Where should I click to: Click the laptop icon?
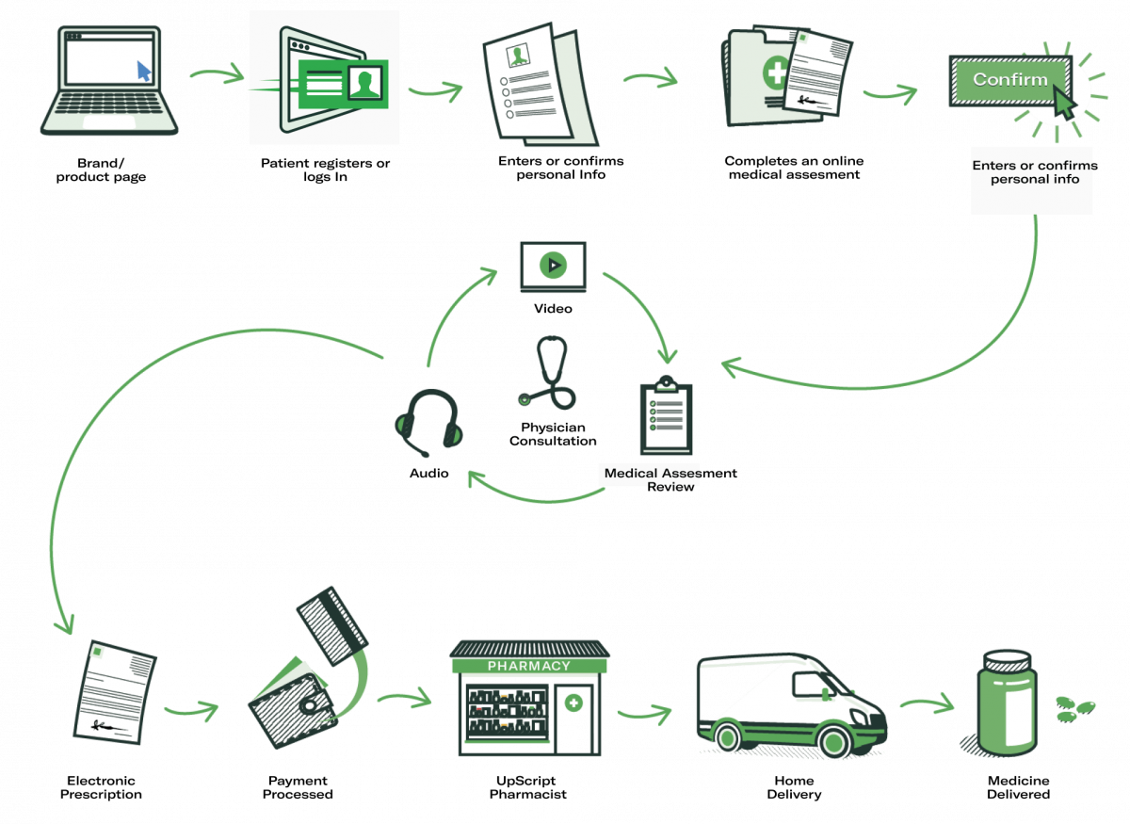(x=109, y=82)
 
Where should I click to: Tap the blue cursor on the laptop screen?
(x=144, y=72)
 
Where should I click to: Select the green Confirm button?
(x=1010, y=80)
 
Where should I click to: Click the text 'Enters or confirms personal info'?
(x=1033, y=172)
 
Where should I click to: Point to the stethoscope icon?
(x=551, y=373)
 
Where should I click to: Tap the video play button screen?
(x=554, y=266)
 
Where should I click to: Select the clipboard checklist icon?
(x=666, y=417)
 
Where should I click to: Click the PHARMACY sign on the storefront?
(x=528, y=666)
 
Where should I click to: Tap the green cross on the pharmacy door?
(x=573, y=703)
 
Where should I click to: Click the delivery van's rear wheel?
(x=729, y=735)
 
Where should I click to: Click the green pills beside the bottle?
(x=1075, y=709)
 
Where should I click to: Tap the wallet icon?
(x=290, y=706)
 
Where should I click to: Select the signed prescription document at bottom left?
(x=116, y=692)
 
